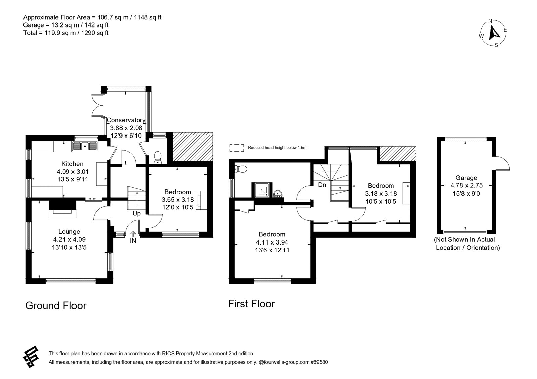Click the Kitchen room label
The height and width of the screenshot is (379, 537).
tap(72, 164)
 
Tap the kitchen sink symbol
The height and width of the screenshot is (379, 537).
tap(85, 146)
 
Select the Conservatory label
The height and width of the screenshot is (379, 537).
tap(126, 120)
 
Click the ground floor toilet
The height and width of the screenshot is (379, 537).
tap(158, 157)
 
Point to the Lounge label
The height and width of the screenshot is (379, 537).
tap(69, 232)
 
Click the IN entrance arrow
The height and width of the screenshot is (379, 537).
tap(133, 234)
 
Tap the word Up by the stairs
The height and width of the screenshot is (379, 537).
tap(136, 213)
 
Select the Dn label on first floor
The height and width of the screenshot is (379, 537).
tap(322, 185)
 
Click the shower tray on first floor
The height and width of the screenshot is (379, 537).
tap(262, 190)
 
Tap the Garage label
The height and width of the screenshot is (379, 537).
tap(466, 178)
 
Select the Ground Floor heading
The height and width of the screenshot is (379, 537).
tap(56, 306)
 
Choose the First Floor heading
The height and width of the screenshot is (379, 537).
tap(251, 304)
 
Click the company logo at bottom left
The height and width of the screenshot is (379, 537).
tap(31, 357)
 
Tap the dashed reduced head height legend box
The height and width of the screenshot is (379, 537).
tap(237, 148)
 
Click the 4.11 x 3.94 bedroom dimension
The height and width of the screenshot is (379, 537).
tap(272, 242)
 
